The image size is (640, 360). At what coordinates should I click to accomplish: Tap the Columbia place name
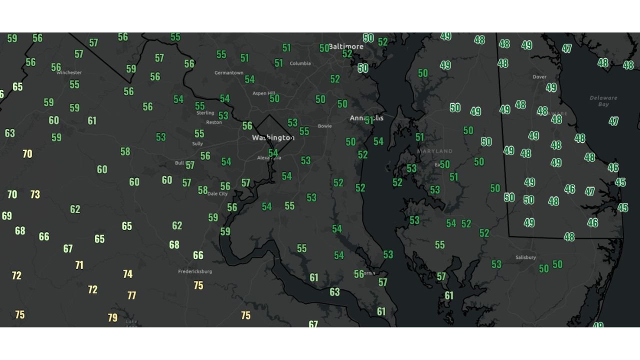tap(300, 63)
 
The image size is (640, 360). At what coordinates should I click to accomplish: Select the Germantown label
tap(229, 73)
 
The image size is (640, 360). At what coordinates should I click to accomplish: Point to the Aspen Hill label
tap(264, 93)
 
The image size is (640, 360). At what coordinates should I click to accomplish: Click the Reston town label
tap(214, 122)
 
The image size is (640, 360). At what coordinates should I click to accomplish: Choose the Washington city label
tap(273, 137)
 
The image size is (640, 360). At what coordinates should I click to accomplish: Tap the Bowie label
tap(324, 126)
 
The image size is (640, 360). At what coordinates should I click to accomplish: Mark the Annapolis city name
tap(366, 118)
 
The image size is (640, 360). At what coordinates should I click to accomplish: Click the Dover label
tap(539, 77)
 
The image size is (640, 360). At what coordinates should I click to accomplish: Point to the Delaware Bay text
tap(603, 101)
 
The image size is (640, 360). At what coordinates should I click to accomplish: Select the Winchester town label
tap(69, 72)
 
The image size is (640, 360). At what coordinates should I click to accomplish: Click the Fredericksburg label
tap(195, 271)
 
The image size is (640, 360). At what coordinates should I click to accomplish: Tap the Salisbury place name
tap(525, 257)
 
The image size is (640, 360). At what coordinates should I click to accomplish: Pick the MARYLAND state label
tap(434, 151)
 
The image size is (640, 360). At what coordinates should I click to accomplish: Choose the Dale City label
tap(217, 193)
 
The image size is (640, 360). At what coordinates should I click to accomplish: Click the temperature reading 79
tap(112, 317)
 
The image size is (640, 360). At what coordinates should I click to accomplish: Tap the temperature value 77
tap(131, 295)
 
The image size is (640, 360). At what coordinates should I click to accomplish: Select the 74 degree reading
tap(127, 274)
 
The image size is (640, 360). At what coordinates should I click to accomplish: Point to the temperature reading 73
tap(35, 194)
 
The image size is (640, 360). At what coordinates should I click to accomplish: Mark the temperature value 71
tap(79, 265)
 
